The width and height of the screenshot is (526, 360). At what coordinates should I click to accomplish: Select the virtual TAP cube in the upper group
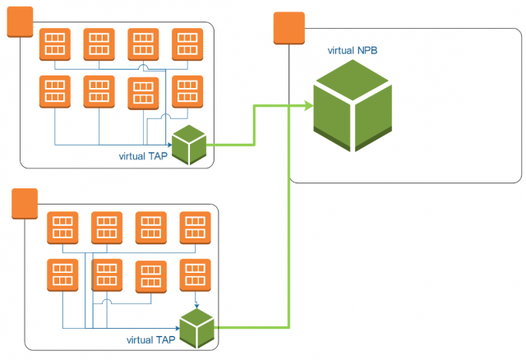pos(188,145)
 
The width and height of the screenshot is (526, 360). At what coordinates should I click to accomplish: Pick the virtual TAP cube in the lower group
pos(197,329)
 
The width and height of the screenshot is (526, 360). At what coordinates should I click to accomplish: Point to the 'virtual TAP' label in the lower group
pos(152,339)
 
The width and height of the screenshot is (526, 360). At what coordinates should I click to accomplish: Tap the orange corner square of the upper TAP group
pos(20,22)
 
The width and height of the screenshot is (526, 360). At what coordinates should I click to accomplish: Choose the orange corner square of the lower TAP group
pos(25,204)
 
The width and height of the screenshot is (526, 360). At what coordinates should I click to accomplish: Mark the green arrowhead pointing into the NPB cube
pos(307,106)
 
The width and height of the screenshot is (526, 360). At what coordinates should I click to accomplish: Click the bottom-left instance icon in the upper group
pos(54,92)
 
